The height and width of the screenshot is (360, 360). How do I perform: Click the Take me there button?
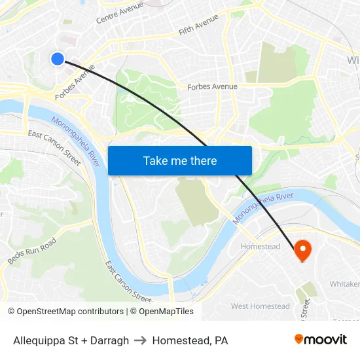[x=180, y=161]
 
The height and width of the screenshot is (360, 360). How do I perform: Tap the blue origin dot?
[x=58, y=59]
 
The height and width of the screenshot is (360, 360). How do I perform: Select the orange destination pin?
[x=302, y=249]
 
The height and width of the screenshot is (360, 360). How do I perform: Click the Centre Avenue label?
[x=120, y=12]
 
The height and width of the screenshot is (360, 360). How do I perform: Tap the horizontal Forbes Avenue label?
[x=212, y=86]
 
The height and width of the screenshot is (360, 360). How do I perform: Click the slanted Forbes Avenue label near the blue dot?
[x=75, y=82]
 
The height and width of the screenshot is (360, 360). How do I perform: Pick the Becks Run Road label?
[x=32, y=251]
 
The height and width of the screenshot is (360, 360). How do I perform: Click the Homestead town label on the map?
[x=261, y=247]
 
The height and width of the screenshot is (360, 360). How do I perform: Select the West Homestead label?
[x=261, y=306]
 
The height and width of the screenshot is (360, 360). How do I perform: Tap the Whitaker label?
[x=344, y=283]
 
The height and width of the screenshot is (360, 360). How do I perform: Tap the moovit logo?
[x=321, y=340]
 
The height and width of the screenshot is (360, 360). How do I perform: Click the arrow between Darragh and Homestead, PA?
[x=140, y=340]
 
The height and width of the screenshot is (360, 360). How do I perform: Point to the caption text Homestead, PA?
[x=190, y=340]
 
